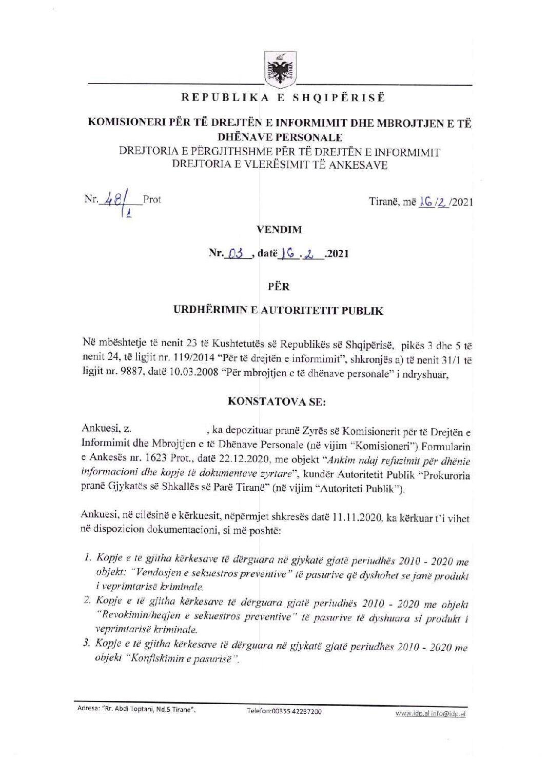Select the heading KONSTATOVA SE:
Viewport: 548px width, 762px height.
(x=277, y=401)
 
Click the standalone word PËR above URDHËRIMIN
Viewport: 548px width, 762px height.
(x=279, y=286)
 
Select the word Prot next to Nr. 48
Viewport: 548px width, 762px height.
(x=152, y=199)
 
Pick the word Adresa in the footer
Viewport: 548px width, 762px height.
(x=88, y=710)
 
